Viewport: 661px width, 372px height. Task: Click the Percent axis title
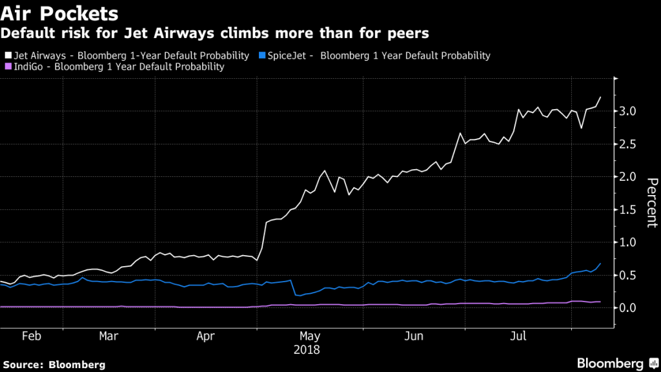[651, 203]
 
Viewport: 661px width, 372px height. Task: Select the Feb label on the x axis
[32, 336]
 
